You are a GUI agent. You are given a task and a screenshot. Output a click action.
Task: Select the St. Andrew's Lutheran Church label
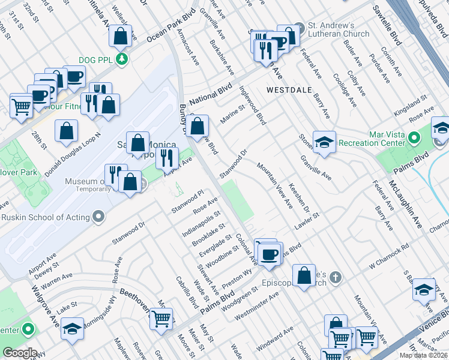[339, 30]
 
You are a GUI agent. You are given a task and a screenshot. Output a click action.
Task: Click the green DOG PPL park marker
[122, 59]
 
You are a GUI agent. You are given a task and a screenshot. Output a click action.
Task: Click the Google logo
[20, 353]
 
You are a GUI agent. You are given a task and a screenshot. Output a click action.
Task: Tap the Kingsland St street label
[406, 109]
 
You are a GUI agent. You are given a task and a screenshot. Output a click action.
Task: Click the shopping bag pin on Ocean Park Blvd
[121, 37]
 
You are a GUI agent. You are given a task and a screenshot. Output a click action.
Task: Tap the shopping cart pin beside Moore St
[161, 319]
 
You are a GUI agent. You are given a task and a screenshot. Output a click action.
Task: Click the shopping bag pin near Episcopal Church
[305, 275]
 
